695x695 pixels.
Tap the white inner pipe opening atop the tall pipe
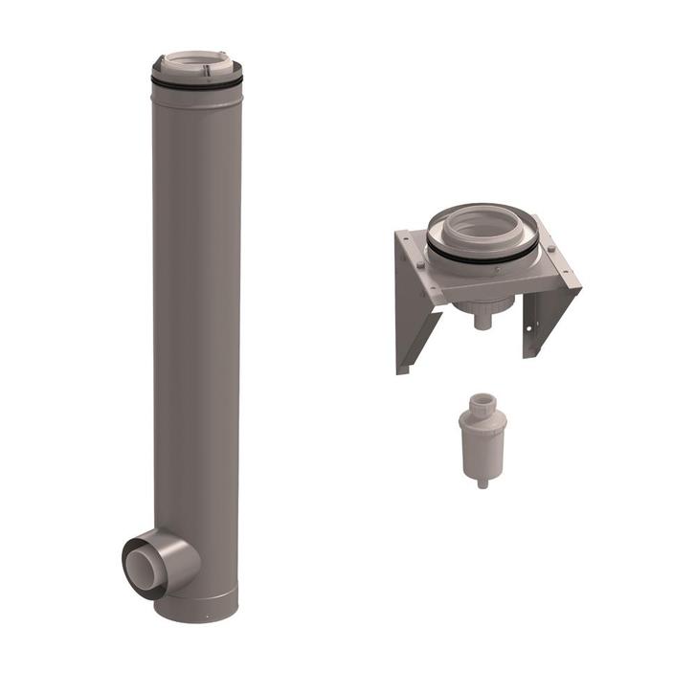tap(196, 63)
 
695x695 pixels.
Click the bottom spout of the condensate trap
tap(482, 481)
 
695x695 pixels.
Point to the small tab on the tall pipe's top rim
tap(210, 68)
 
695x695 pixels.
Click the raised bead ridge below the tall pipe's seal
tap(196, 96)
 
